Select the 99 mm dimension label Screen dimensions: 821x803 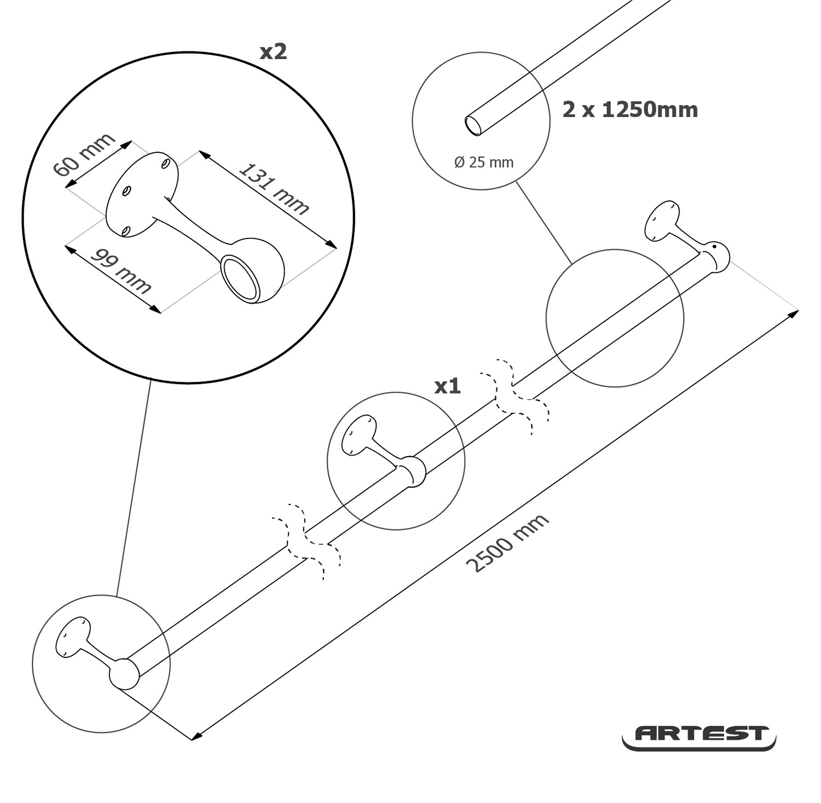(121, 271)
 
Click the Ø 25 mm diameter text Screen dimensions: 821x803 (484, 162)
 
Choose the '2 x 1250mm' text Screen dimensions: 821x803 (630, 110)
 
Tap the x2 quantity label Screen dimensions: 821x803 (273, 52)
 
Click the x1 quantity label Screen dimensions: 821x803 (448, 387)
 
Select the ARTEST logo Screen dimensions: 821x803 (699, 736)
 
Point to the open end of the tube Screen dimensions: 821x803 (473, 125)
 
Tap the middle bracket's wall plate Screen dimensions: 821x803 (359, 434)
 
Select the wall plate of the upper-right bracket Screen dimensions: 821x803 (662, 220)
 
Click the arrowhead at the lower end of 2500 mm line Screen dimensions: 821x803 (196, 736)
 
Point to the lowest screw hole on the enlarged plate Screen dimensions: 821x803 (126, 231)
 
